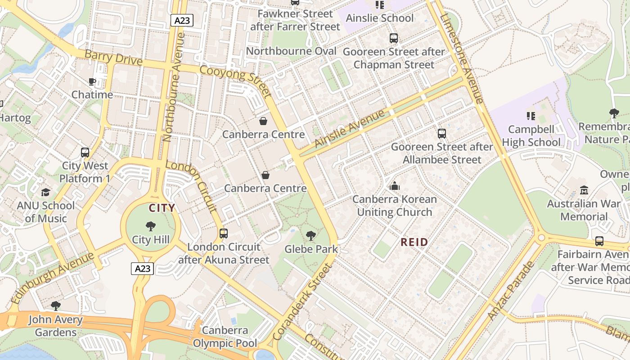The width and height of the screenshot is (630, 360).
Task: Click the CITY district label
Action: pyautogui.click(x=162, y=208)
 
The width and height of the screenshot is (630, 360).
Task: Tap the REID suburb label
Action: pyautogui.click(x=414, y=242)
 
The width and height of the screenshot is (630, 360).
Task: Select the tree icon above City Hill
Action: pyautogui.click(x=151, y=226)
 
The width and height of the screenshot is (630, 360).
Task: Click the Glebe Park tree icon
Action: pyautogui.click(x=310, y=235)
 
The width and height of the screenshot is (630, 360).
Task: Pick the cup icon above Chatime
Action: pyautogui.click(x=92, y=81)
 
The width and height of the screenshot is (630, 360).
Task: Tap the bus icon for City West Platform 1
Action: pyautogui.click(x=85, y=152)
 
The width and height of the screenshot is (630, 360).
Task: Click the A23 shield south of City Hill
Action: pyautogui.click(x=143, y=269)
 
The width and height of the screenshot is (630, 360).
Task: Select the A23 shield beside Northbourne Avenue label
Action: pyautogui.click(x=182, y=20)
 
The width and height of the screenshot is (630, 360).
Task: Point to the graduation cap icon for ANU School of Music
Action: pyautogui.click(x=45, y=193)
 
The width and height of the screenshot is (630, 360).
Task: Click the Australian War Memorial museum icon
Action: pyautogui.click(x=584, y=190)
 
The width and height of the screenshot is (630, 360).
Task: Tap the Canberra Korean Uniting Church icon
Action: pyautogui.click(x=395, y=186)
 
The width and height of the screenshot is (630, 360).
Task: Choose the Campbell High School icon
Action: pyautogui.click(x=531, y=116)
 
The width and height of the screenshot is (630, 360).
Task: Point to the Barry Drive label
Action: pyautogui.click(x=113, y=58)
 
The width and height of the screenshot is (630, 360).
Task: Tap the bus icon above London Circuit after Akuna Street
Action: pyautogui.click(x=223, y=234)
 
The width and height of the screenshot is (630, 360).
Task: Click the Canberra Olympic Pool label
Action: pyautogui.click(x=225, y=337)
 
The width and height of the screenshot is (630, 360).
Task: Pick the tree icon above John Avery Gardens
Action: pyautogui.click(x=56, y=306)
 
